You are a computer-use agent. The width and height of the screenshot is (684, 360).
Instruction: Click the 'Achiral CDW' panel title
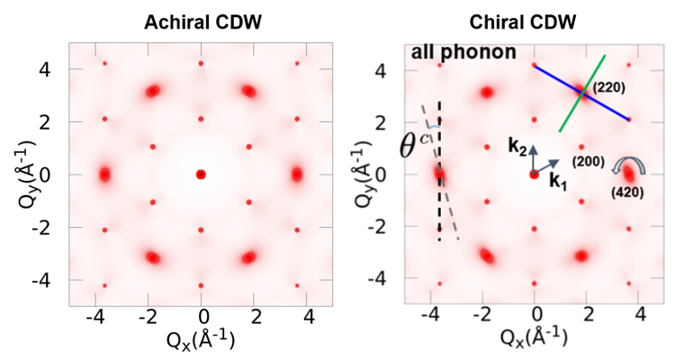(202, 22)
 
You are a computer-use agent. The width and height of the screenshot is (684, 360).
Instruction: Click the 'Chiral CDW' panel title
(534, 22)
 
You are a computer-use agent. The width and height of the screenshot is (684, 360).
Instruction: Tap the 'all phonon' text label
(463, 51)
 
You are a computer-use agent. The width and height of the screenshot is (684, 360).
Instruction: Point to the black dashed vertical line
(439, 207)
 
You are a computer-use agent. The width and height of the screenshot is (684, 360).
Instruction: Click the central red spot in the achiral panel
(201, 174)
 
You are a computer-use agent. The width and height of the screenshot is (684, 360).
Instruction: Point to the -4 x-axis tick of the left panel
(97, 317)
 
